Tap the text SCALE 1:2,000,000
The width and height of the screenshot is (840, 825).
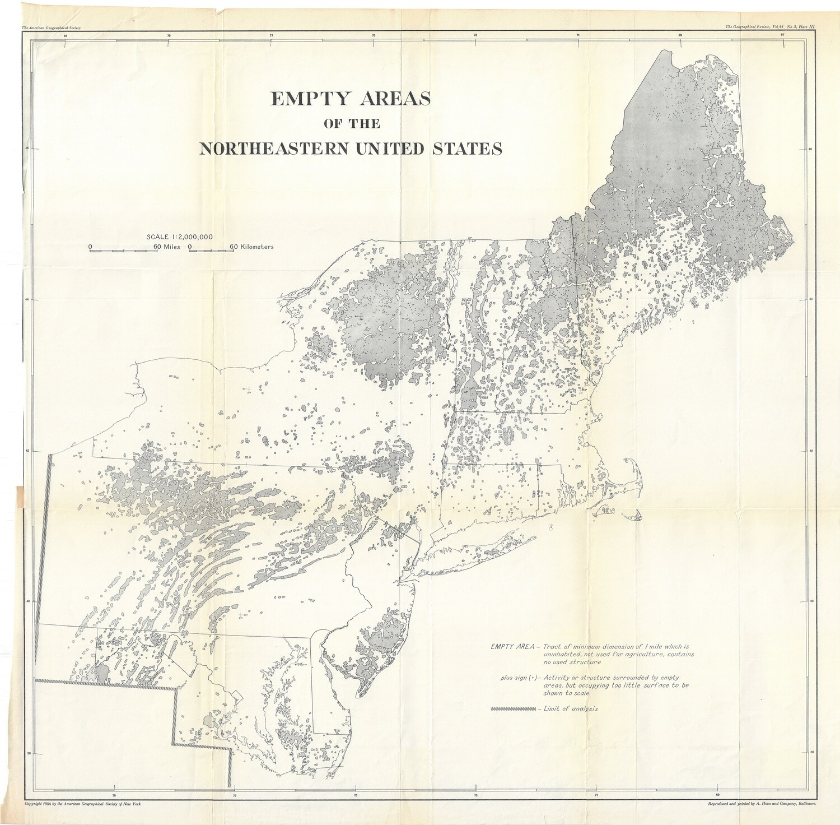point(179,237)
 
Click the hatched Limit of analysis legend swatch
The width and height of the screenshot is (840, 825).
point(512,709)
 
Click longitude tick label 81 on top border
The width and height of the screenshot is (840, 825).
point(66,36)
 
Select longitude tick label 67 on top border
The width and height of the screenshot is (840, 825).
point(782,36)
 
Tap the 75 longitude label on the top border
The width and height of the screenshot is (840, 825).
point(374,36)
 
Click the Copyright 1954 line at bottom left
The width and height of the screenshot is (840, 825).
point(83,804)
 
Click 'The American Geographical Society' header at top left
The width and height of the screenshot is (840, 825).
point(51,27)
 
